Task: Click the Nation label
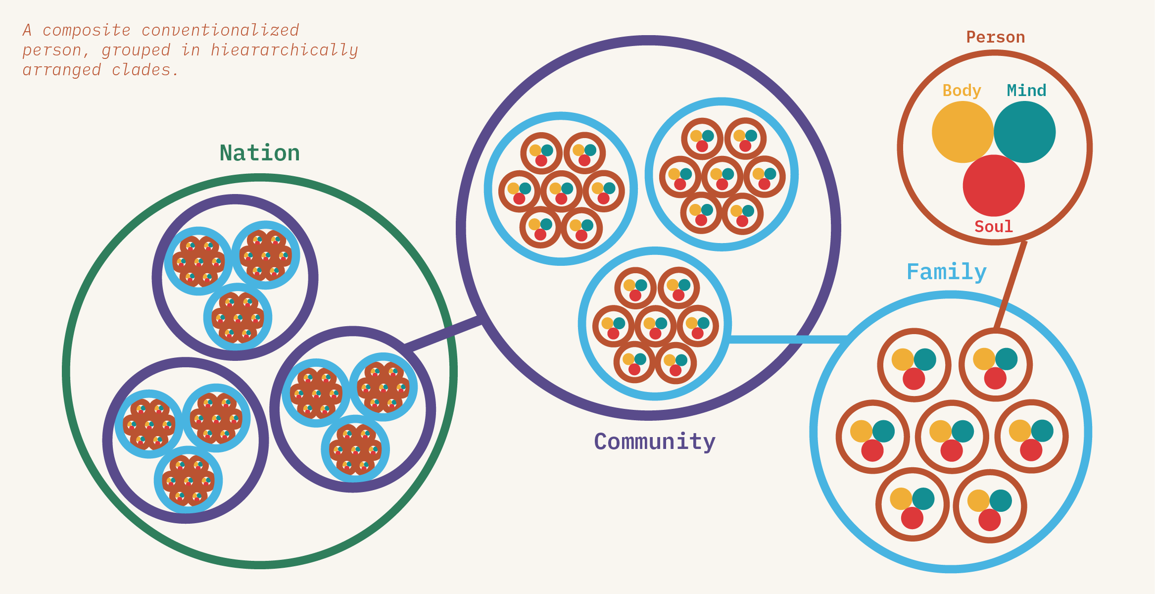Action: [260, 153]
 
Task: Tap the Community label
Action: [655, 442]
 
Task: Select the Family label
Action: [946, 272]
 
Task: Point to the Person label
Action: [995, 37]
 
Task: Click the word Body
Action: [962, 91]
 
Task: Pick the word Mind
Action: [1026, 91]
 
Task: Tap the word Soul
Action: [994, 227]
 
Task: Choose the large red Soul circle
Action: [994, 187]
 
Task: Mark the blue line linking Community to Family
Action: [787, 339]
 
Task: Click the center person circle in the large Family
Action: [952, 437]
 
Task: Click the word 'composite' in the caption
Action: [87, 30]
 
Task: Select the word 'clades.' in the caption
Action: [145, 70]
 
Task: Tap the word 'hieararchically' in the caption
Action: [284, 50]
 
